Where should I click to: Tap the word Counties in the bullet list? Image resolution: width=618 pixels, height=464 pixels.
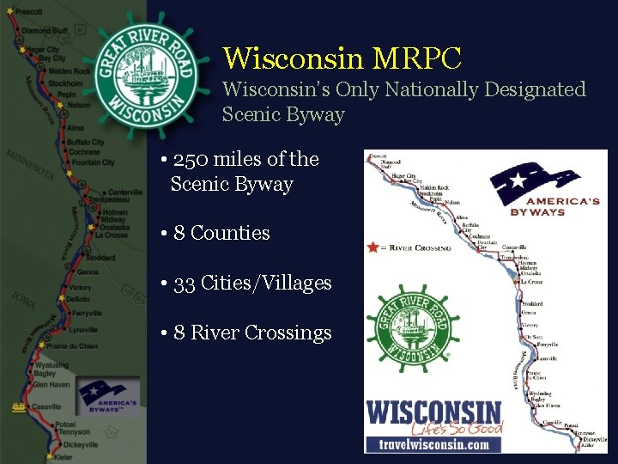(x=230, y=233)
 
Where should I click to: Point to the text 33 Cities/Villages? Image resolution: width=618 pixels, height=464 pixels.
(x=252, y=283)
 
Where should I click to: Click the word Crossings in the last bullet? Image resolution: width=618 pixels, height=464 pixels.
(x=288, y=333)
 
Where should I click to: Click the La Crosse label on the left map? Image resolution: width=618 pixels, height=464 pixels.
(x=111, y=235)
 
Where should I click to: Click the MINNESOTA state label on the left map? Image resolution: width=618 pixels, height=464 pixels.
(x=31, y=166)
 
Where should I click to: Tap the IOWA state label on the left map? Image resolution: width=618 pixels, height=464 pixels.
(x=23, y=301)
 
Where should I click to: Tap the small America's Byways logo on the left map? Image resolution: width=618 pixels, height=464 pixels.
(x=107, y=397)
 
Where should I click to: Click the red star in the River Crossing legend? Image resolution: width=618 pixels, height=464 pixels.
(x=372, y=247)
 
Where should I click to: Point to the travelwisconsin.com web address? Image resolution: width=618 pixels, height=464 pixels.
(x=434, y=444)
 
